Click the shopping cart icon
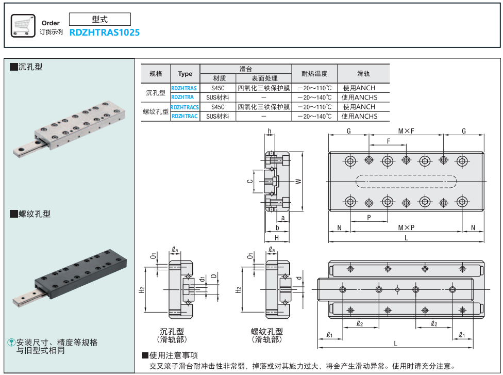click(23, 25)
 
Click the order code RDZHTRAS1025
click(105, 32)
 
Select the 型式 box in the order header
click(100, 20)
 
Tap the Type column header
click(185, 74)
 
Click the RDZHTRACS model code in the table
click(185, 107)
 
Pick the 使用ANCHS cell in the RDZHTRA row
click(359, 97)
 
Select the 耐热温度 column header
click(314, 74)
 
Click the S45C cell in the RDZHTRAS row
click(218, 88)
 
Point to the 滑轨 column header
click(363, 74)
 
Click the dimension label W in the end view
click(298, 181)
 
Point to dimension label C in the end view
click(249, 181)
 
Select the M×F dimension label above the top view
click(406, 132)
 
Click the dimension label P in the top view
click(369, 217)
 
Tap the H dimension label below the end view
click(277, 238)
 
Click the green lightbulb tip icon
click(11, 343)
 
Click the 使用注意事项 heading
click(173, 355)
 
